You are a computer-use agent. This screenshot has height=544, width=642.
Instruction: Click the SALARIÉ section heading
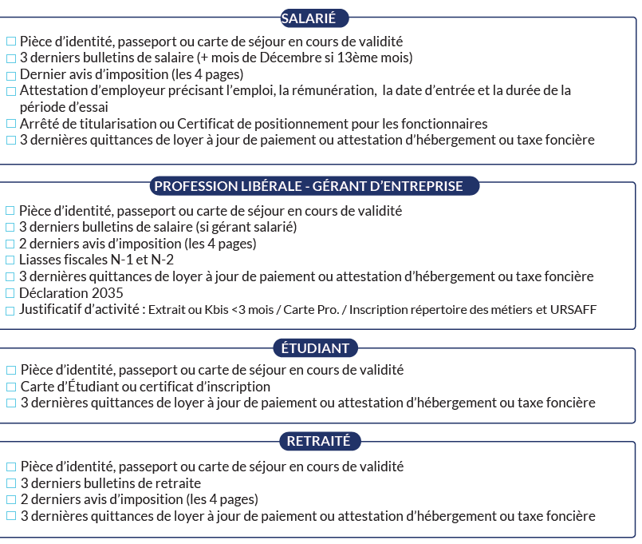coord(314,18)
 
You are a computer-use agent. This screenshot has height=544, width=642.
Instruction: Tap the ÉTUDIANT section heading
coord(315,347)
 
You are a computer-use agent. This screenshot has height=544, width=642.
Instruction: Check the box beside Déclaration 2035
coord(10,294)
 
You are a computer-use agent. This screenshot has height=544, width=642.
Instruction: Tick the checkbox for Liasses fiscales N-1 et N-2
coord(10,260)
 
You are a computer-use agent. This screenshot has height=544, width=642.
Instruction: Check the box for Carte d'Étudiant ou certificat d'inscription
coord(10,387)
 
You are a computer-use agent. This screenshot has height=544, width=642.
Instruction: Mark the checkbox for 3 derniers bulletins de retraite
coord(10,484)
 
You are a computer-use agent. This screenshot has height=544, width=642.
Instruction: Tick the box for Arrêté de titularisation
coord(10,125)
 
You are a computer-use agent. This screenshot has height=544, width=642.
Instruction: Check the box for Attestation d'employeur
coord(10,91)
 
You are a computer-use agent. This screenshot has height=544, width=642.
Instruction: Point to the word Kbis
coord(217,310)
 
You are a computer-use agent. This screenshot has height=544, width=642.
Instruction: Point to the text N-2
coord(163,260)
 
